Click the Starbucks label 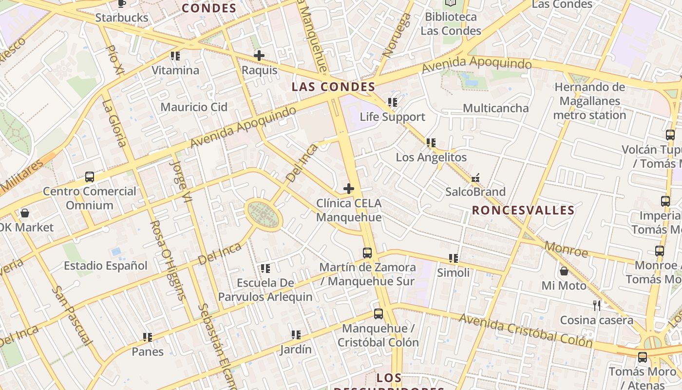click(121, 18)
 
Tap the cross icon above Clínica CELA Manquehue click(349, 188)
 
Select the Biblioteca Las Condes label click(451, 24)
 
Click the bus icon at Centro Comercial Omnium click(89, 177)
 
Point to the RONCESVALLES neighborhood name click(523, 210)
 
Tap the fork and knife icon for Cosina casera click(597, 306)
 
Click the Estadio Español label click(105, 266)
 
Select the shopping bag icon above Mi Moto click(564, 271)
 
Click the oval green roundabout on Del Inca click(263, 215)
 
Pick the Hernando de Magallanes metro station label click(589, 101)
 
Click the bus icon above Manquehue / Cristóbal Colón click(378, 314)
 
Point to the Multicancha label click(495, 108)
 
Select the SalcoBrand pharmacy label click(475, 192)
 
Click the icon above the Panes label click(148, 337)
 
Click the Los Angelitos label click(431, 157)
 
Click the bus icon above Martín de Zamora click(367, 253)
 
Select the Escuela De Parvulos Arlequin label click(265, 290)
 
